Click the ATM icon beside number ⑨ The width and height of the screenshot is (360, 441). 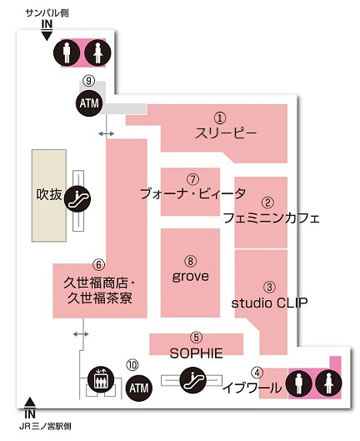coord(89,103)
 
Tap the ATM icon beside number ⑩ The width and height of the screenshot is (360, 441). coord(139,388)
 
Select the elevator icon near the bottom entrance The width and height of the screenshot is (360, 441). coord(101,378)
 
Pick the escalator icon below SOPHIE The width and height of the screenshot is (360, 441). coord(193,380)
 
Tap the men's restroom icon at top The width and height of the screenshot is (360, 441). coord(67,53)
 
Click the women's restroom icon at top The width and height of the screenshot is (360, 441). coord(97,53)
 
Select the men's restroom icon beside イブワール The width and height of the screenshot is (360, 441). coord(298,383)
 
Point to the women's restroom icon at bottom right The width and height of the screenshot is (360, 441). coord(328,383)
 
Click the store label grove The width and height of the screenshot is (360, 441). coord(190,276)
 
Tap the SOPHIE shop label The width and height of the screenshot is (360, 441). coord(197,353)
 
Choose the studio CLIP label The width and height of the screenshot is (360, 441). coord(269,303)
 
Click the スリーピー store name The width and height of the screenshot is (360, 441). coord(226,133)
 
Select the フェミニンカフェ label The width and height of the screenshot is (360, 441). coord(272,218)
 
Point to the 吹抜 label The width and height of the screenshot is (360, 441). coord(49,194)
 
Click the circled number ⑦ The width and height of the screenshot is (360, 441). coord(193,179)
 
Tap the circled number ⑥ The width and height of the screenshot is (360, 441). coord(98,264)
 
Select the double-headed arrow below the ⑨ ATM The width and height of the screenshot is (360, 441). coord(107,134)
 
